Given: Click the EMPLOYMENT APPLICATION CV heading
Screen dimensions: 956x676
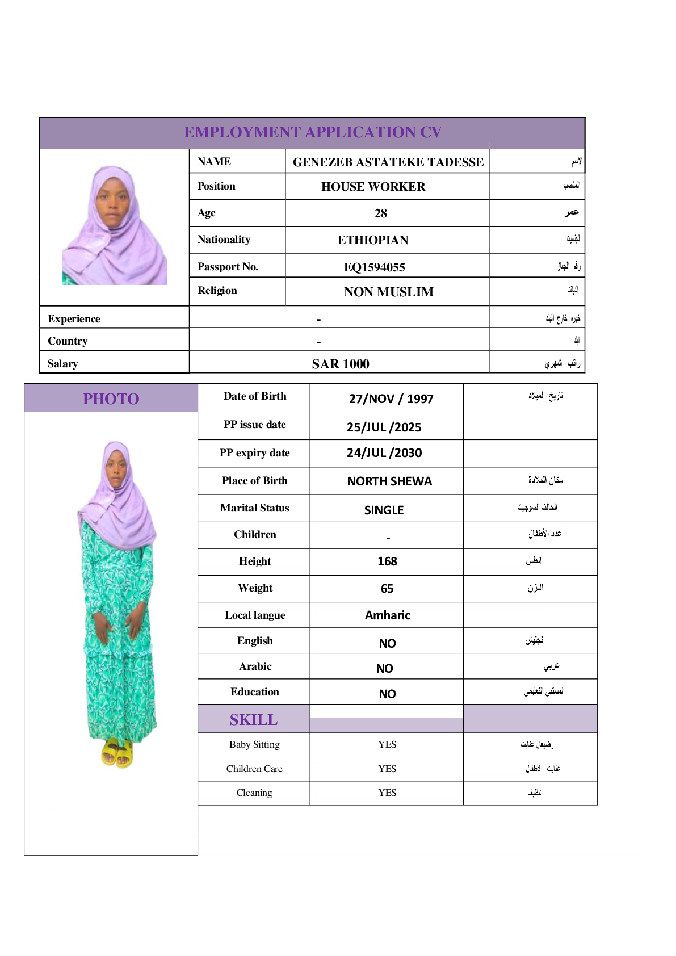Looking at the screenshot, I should coord(313,132).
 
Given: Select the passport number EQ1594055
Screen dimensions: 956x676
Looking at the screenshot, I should coord(375,267).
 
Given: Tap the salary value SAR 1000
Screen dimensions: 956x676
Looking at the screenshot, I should coord(341,364).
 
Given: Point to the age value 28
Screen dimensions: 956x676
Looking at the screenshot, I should coord(381,213).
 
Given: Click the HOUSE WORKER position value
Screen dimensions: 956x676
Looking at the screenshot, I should coord(373,187).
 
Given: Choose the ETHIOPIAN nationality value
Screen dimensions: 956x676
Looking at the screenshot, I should coord(373,240).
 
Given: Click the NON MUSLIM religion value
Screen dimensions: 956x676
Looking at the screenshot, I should coord(389,292).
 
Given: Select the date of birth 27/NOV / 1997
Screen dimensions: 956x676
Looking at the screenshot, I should coord(391,399).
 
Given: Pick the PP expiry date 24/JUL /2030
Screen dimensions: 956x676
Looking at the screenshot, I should coord(384,453).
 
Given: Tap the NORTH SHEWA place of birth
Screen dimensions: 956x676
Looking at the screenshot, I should coord(389,481).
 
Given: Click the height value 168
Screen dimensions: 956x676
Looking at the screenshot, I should coord(387,561).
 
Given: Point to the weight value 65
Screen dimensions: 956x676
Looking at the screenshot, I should coord(387,589).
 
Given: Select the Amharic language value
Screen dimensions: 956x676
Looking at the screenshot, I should coord(387,615).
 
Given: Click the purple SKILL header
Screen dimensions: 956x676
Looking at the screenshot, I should coord(254,720).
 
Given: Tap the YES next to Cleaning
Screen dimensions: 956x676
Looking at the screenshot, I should coord(387,793).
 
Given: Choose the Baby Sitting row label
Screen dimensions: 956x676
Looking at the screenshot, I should coord(254,744).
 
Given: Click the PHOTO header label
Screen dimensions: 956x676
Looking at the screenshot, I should coord(111,399).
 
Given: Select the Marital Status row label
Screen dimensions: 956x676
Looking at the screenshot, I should coord(255,508).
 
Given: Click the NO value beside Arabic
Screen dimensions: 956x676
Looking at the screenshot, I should coord(385,669).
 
